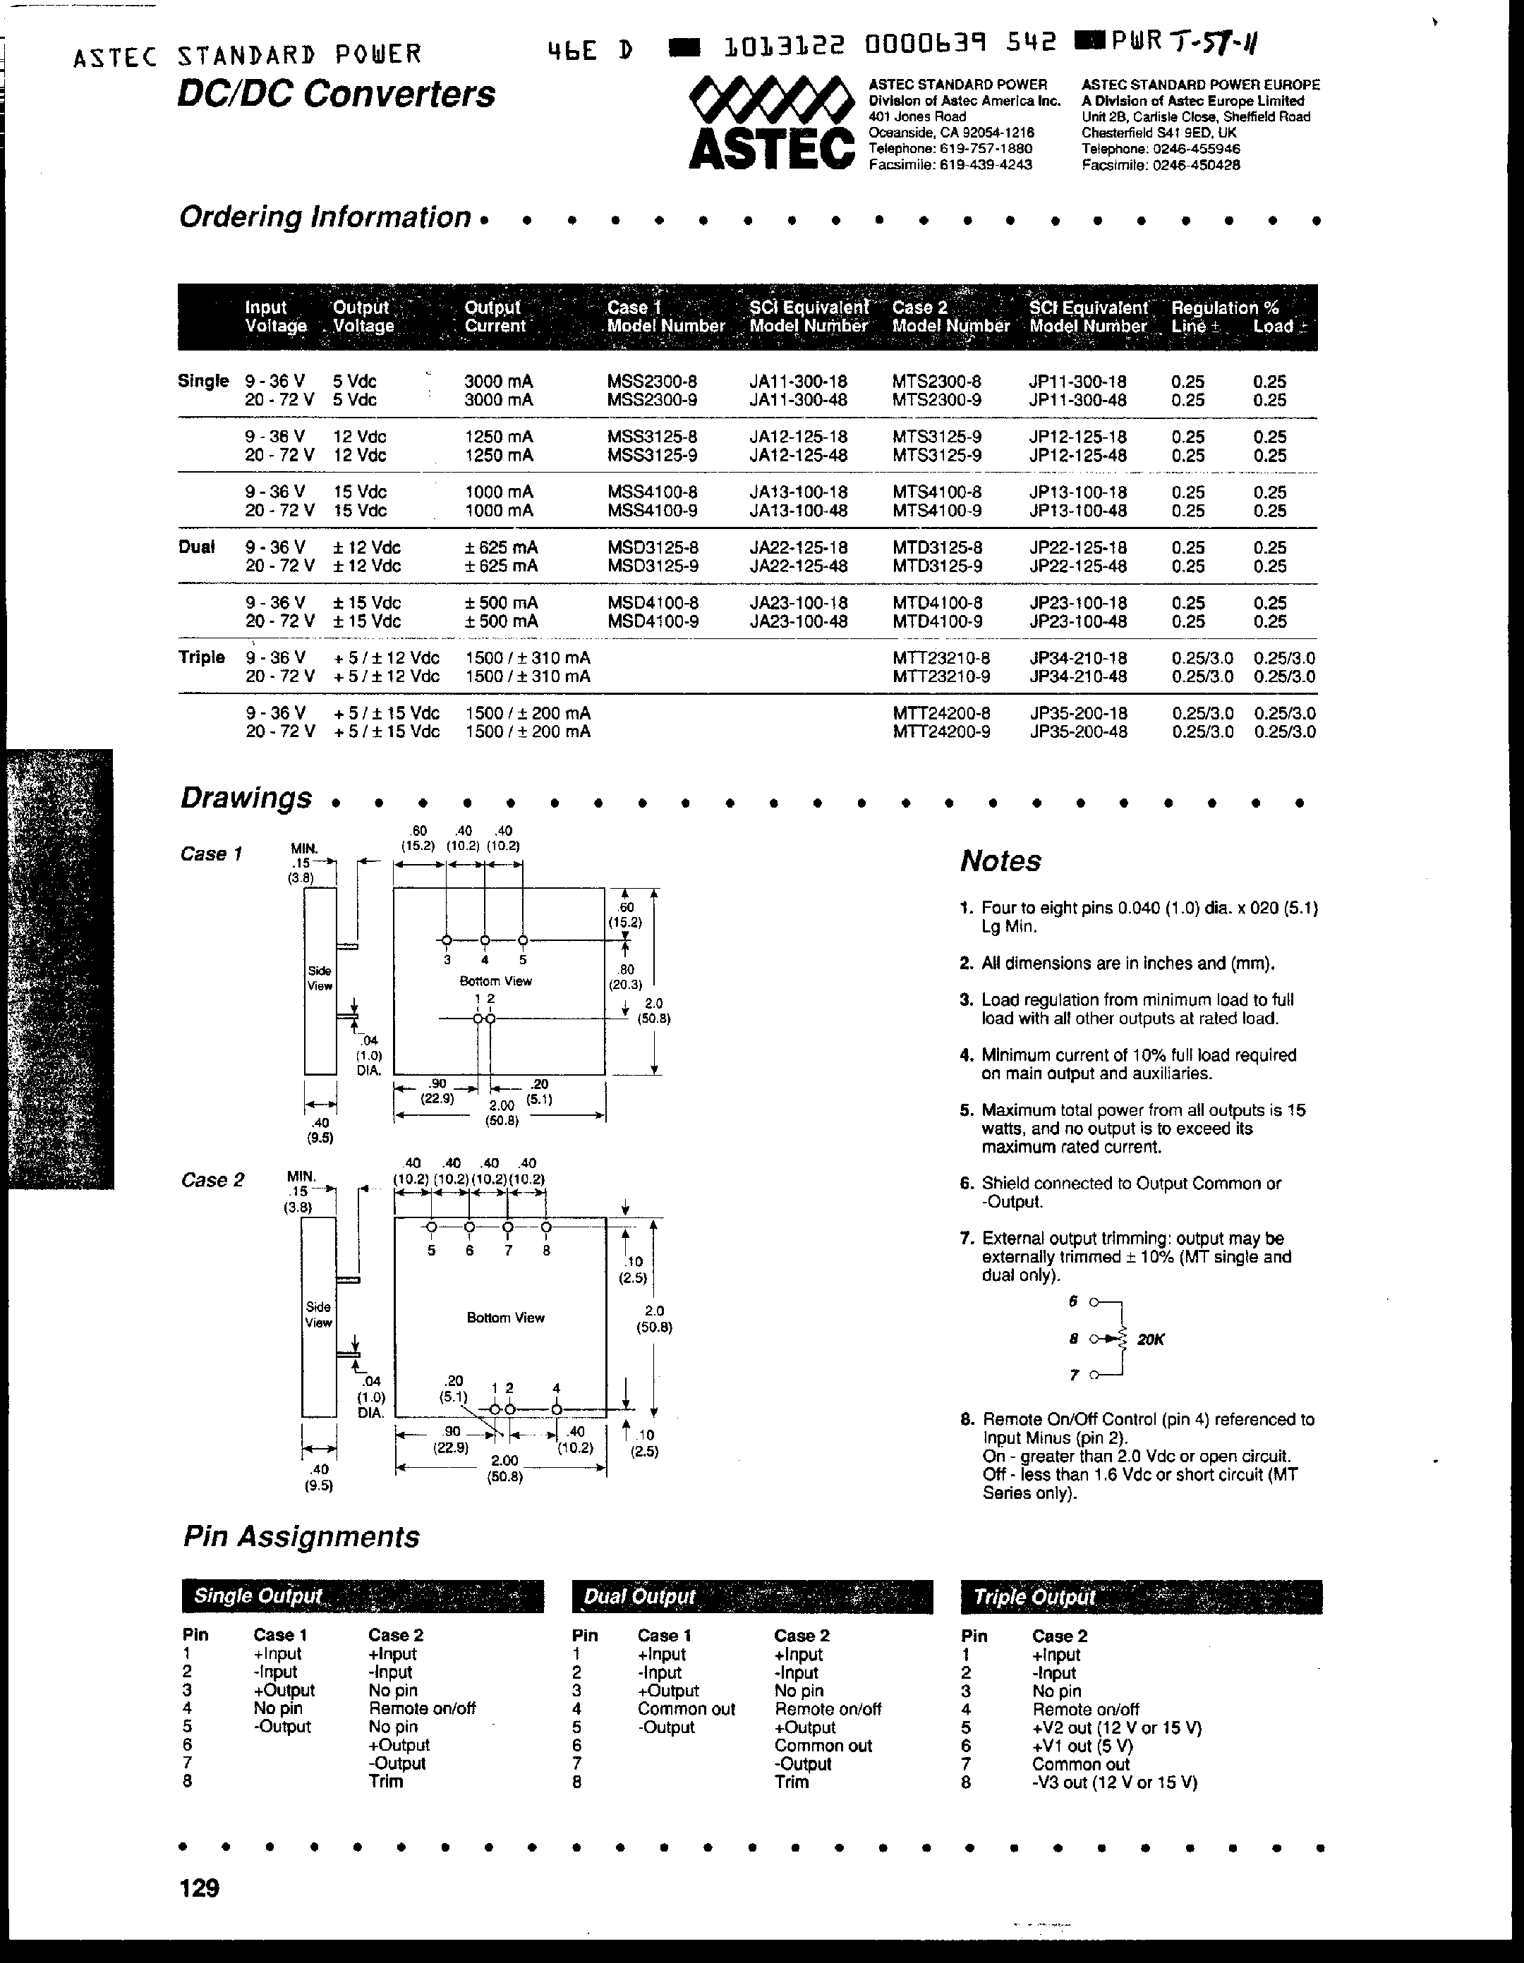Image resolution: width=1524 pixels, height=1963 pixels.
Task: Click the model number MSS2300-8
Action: [652, 381]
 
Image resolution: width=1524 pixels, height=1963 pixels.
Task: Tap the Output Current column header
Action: [494, 317]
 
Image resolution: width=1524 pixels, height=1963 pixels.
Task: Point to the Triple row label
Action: [201, 657]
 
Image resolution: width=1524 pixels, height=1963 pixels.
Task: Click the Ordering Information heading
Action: [325, 217]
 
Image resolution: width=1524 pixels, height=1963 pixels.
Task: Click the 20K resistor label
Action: [1151, 1339]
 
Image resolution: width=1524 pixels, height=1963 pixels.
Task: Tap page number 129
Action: [200, 1888]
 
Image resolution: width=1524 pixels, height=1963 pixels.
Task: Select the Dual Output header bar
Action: [751, 1596]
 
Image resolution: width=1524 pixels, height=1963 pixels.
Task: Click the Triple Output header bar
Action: [1141, 1596]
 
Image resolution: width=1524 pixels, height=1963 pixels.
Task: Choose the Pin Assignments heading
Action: [301, 1536]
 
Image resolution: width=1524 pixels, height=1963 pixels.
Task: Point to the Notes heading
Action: [1000, 861]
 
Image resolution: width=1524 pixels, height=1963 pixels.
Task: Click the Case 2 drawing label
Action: [212, 1179]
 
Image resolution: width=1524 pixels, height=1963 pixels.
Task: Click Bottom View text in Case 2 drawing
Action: [505, 1317]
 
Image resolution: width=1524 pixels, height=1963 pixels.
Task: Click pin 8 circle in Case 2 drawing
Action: [546, 1227]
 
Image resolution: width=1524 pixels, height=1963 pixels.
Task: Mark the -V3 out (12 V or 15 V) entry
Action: [1114, 1782]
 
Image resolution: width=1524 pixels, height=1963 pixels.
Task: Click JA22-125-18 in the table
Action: [797, 547]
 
